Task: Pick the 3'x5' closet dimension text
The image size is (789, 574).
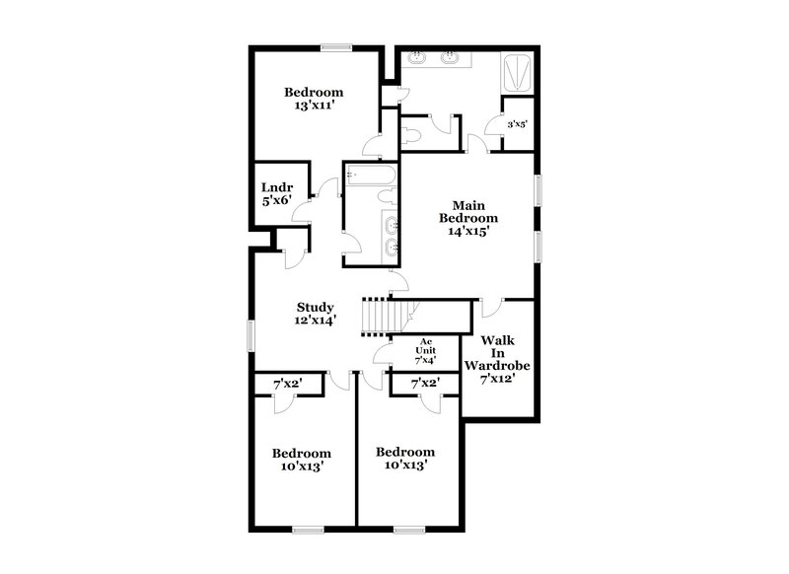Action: [517, 125]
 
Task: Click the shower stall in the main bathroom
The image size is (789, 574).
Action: [518, 74]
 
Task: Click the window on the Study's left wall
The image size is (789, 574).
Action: [251, 334]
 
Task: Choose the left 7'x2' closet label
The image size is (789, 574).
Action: [287, 383]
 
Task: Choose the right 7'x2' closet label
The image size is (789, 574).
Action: [424, 383]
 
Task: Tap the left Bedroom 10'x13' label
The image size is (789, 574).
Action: [300, 460]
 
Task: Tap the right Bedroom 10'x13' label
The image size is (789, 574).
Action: [404, 458]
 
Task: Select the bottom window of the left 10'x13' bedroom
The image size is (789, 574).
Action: [308, 530]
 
